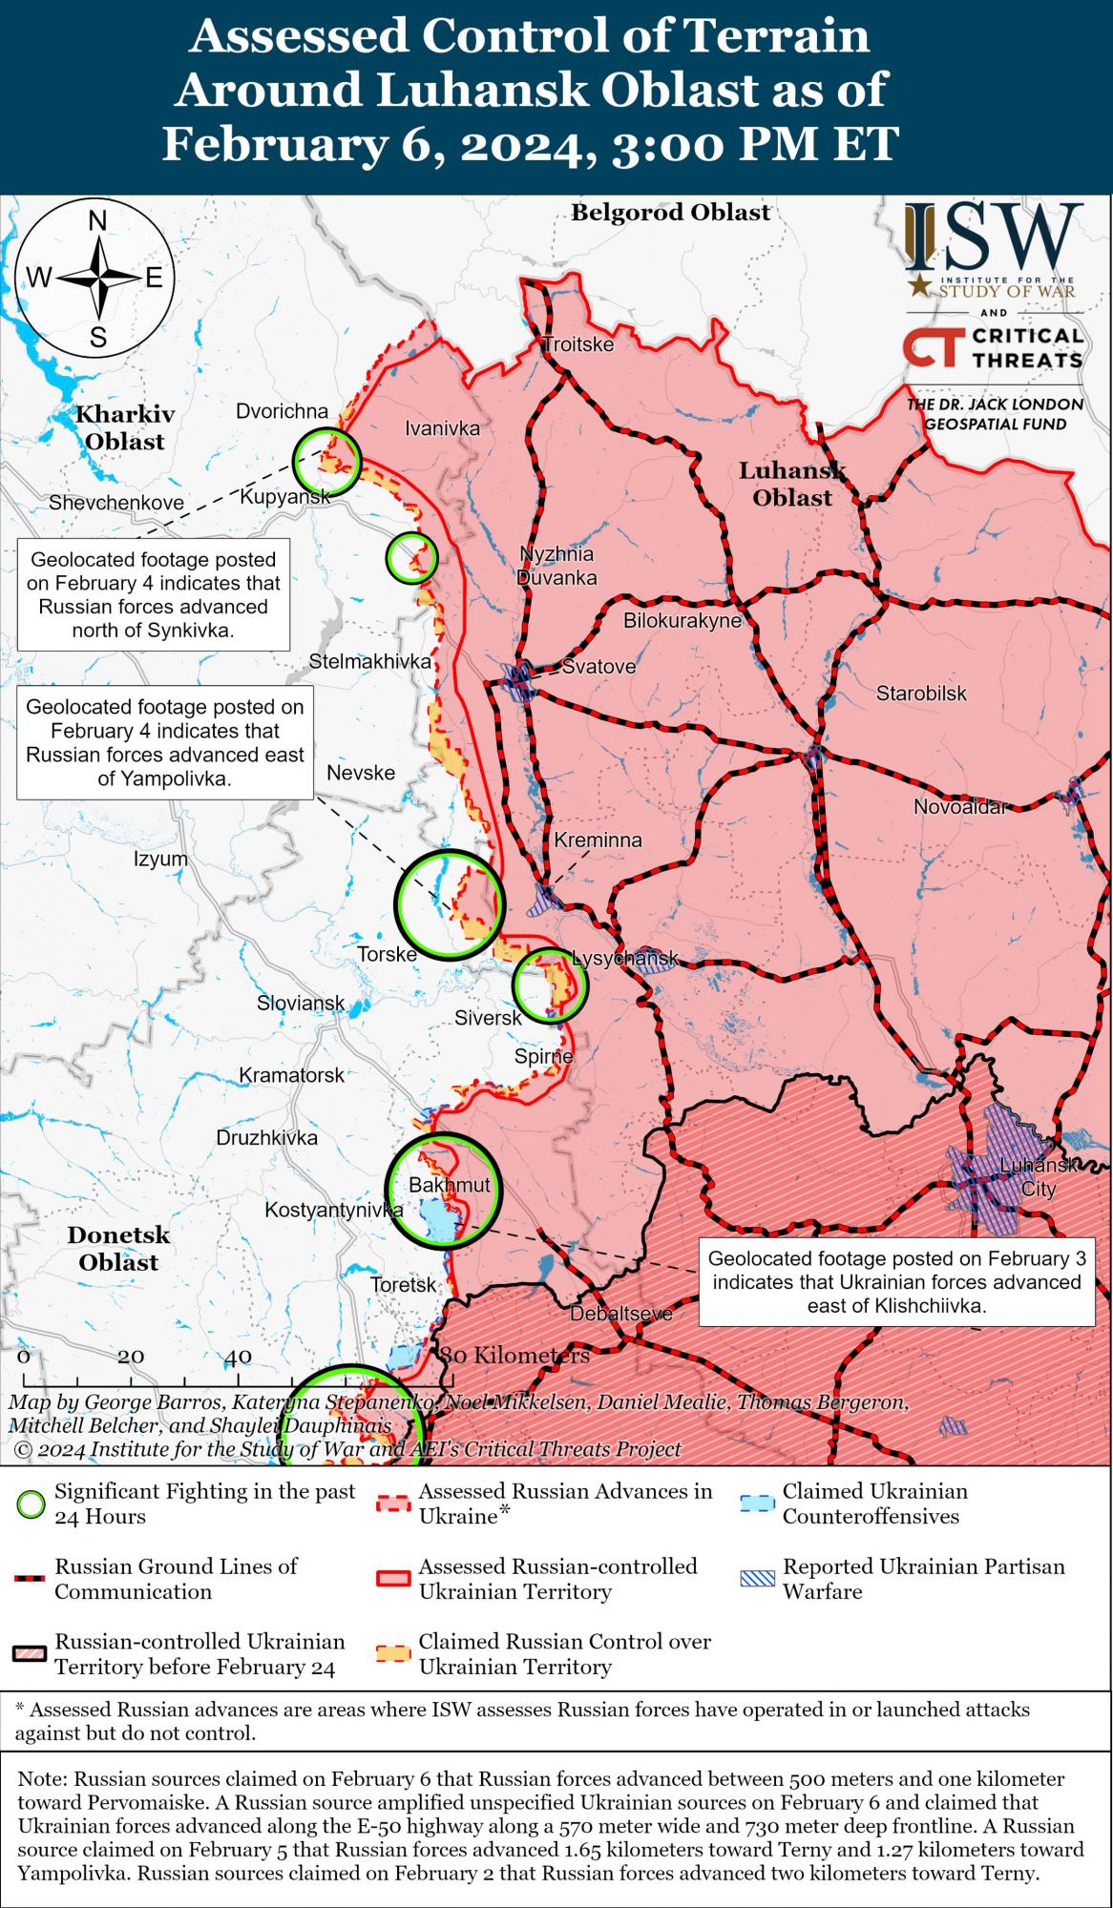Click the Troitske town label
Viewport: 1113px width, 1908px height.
point(577,344)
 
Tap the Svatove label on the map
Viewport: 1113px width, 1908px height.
point(598,666)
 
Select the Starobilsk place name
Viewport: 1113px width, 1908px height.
point(921,694)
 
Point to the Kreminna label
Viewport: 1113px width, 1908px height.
point(598,840)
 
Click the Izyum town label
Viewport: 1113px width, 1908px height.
point(160,859)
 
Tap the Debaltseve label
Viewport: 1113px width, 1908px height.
point(621,1314)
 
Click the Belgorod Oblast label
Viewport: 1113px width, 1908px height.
point(670,212)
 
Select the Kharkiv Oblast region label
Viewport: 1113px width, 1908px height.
point(125,427)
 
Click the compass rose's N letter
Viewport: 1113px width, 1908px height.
point(97,221)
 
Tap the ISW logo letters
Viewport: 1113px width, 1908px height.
point(993,238)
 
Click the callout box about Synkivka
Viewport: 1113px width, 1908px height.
point(153,594)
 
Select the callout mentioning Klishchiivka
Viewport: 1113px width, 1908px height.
point(896,1281)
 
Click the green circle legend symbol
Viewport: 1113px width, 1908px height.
point(31,1504)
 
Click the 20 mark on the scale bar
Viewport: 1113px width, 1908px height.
point(131,1357)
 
